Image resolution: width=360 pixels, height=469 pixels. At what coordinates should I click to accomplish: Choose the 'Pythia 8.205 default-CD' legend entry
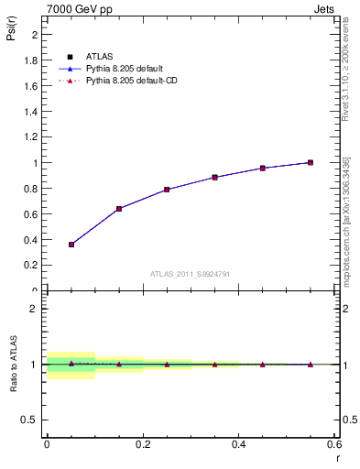(x=132, y=82)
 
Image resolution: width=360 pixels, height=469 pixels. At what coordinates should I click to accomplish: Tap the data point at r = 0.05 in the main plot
(x=71, y=245)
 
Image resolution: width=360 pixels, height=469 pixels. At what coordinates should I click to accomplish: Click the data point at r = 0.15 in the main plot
(x=119, y=209)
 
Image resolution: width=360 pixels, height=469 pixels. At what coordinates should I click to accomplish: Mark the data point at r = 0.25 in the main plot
(x=167, y=190)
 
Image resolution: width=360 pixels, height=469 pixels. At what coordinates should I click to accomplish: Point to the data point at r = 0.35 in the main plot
(x=214, y=177)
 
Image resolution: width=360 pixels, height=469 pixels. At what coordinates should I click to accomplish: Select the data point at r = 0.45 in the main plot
(x=262, y=169)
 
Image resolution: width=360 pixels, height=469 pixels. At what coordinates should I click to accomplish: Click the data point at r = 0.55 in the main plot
(x=311, y=163)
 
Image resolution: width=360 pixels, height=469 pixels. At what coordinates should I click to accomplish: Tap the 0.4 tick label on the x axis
(x=238, y=444)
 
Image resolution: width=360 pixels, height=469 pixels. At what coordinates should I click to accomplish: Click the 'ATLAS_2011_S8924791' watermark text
(x=190, y=274)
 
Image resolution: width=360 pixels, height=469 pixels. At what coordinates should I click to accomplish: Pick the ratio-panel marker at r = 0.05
(x=71, y=364)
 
